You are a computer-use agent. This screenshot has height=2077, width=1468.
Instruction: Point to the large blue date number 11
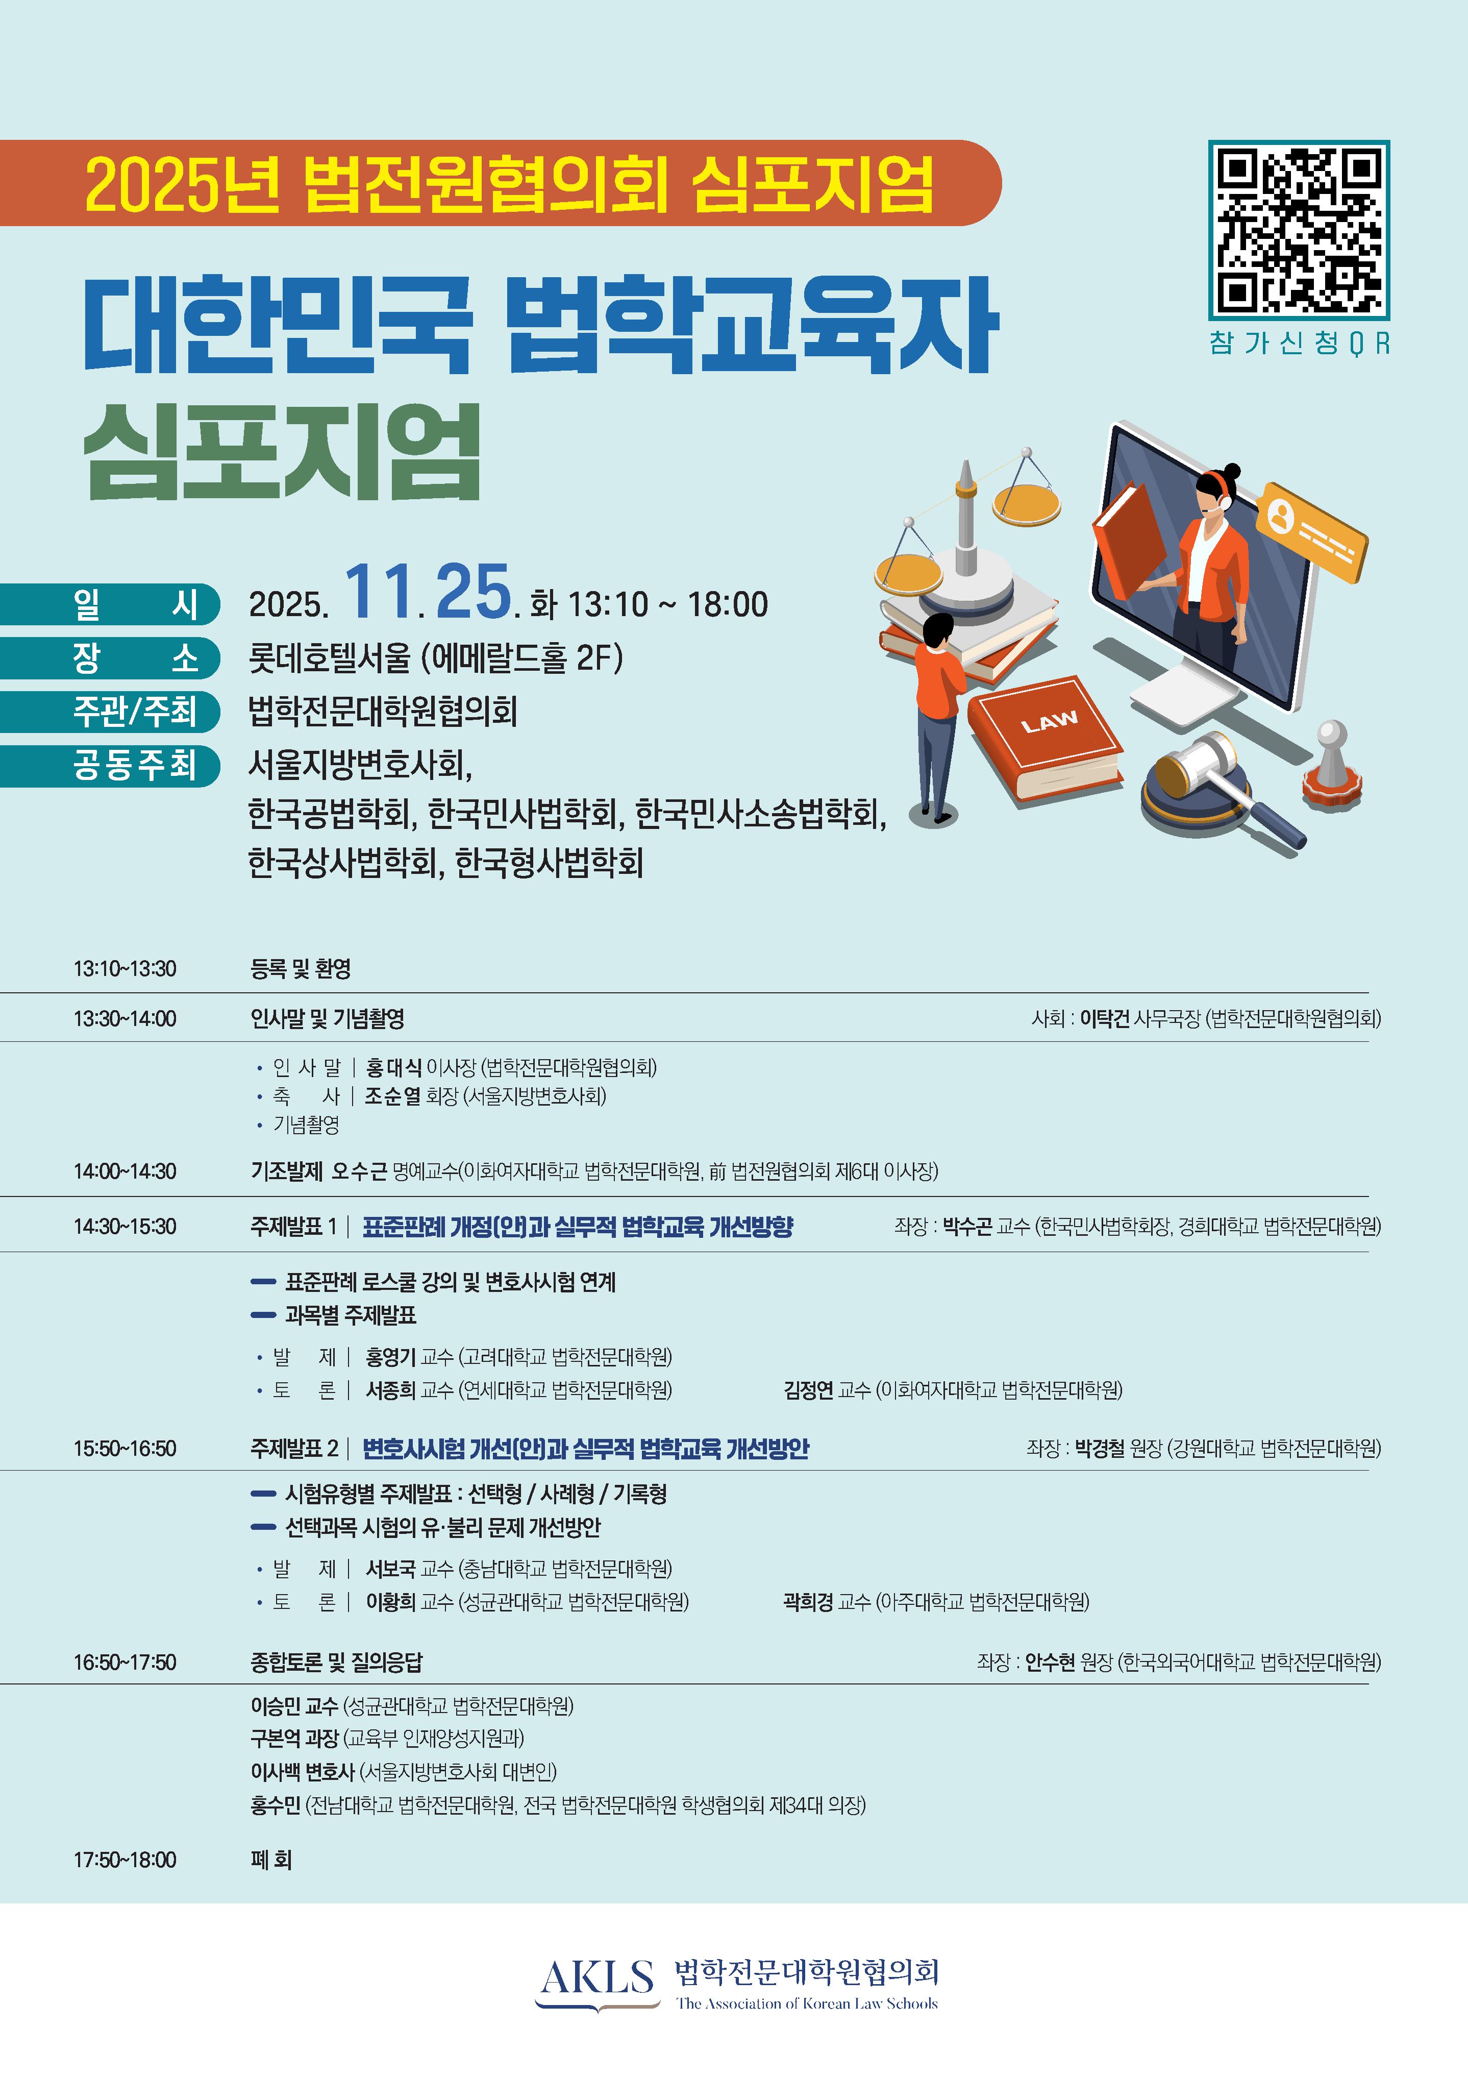(x=381, y=593)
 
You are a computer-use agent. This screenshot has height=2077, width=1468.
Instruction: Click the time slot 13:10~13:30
(x=125, y=969)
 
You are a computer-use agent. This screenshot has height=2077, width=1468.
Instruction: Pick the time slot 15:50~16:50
(x=125, y=1448)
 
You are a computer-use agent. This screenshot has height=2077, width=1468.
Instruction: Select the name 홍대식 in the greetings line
(x=393, y=1067)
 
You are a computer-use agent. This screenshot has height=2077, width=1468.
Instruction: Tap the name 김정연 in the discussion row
(x=808, y=1389)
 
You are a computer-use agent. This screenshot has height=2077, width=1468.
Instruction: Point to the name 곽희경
(x=808, y=1602)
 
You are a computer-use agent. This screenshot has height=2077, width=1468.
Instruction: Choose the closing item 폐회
(x=271, y=1860)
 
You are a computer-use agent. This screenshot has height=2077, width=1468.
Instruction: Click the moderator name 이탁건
(x=1104, y=1019)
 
